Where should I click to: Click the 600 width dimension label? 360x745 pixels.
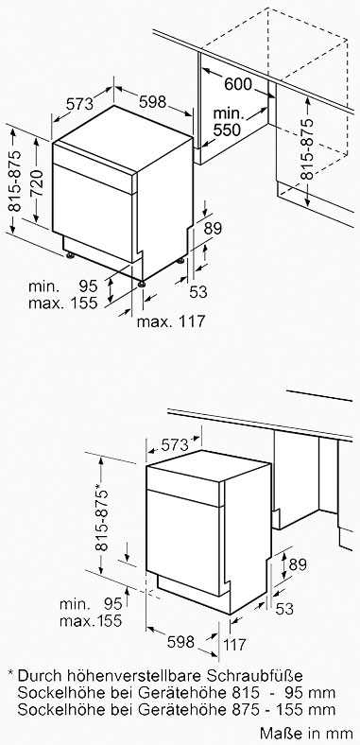(x=237, y=84)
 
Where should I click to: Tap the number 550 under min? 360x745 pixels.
(x=227, y=130)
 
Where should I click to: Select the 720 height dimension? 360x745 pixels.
(x=37, y=182)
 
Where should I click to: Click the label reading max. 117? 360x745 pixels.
(x=171, y=321)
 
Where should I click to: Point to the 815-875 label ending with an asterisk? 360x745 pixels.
(x=102, y=517)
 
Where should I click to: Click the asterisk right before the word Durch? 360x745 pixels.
(x=10, y=674)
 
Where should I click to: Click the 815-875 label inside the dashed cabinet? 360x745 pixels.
(x=308, y=148)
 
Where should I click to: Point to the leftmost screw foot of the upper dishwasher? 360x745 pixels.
(x=70, y=256)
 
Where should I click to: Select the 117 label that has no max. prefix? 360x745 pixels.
(x=234, y=644)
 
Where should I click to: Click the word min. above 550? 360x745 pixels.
(x=229, y=114)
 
